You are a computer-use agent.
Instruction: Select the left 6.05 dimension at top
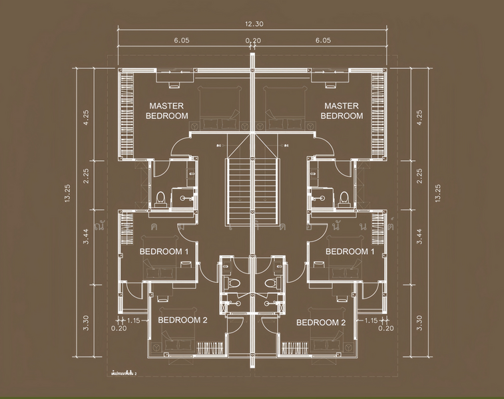pos(182,40)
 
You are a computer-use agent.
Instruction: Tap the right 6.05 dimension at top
pos(324,40)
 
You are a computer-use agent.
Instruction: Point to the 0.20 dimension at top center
pos(252,41)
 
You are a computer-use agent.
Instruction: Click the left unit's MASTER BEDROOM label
pos(166,110)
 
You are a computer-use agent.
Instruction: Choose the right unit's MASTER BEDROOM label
pos(342,110)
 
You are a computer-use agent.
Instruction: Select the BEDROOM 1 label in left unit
pos(164,251)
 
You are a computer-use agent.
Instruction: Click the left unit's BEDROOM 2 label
pos(183,320)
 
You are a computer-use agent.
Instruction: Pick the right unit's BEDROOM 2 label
pos(321,323)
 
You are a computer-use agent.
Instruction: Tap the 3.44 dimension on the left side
pos(85,237)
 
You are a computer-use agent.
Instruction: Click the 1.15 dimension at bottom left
pos(133,320)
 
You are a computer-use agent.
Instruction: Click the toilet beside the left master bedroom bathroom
pos(160,198)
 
